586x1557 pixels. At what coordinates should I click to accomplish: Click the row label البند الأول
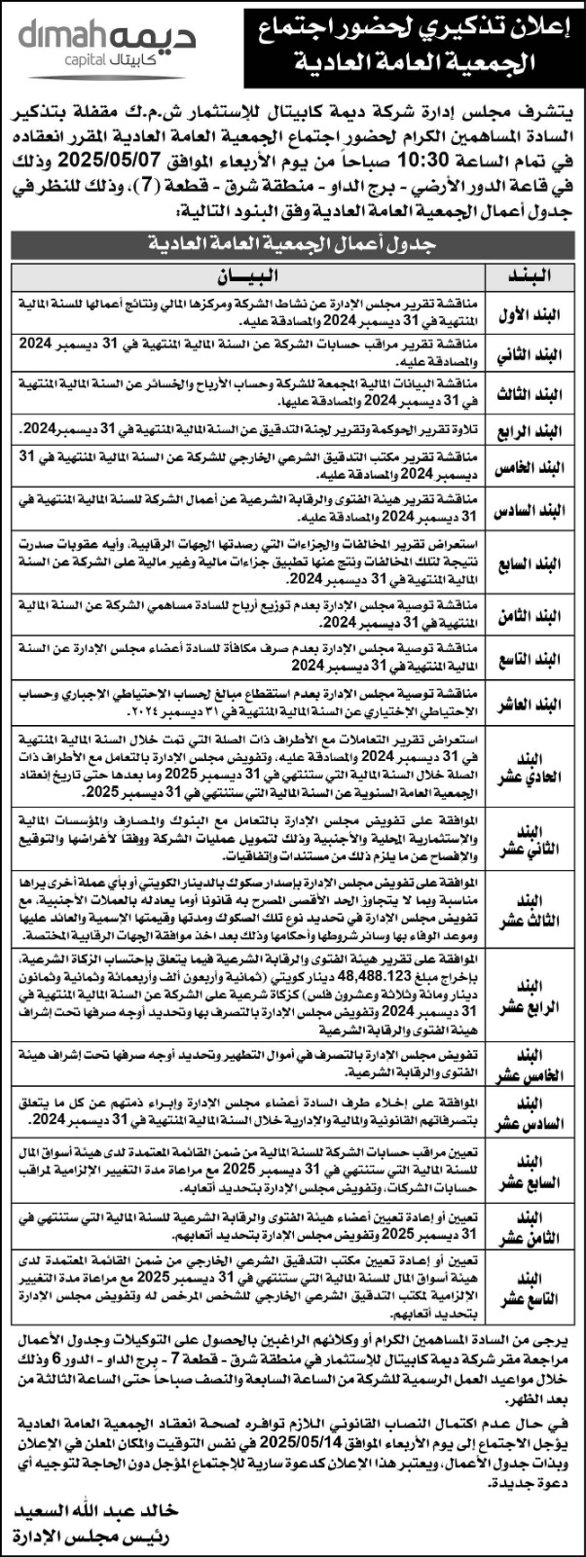533,310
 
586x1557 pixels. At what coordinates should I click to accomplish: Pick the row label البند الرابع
533,428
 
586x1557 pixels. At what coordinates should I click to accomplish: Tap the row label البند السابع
533,563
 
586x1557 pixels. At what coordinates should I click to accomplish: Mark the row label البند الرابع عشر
533,999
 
